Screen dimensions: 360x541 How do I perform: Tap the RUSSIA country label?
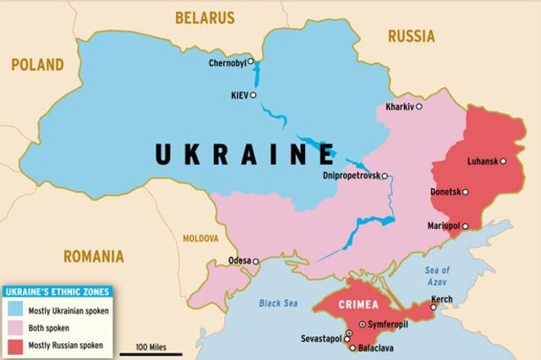click(411, 35)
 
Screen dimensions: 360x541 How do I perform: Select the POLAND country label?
click(36, 64)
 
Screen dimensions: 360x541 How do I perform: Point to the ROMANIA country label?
click(93, 256)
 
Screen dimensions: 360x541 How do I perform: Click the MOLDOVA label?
click(200, 238)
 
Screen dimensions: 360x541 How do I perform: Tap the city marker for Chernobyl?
click(251, 63)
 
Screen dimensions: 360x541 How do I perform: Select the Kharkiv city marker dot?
click(418, 106)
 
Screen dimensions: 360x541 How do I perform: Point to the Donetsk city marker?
click(464, 192)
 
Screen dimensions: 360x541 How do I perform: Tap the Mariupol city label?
click(443, 226)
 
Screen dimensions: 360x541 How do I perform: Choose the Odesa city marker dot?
click(256, 261)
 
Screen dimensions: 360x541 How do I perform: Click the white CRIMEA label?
click(358, 303)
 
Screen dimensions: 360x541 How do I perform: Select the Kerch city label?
click(441, 299)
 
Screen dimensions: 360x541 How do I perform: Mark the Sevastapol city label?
click(321, 338)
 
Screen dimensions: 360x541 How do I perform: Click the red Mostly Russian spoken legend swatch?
click(16, 345)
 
